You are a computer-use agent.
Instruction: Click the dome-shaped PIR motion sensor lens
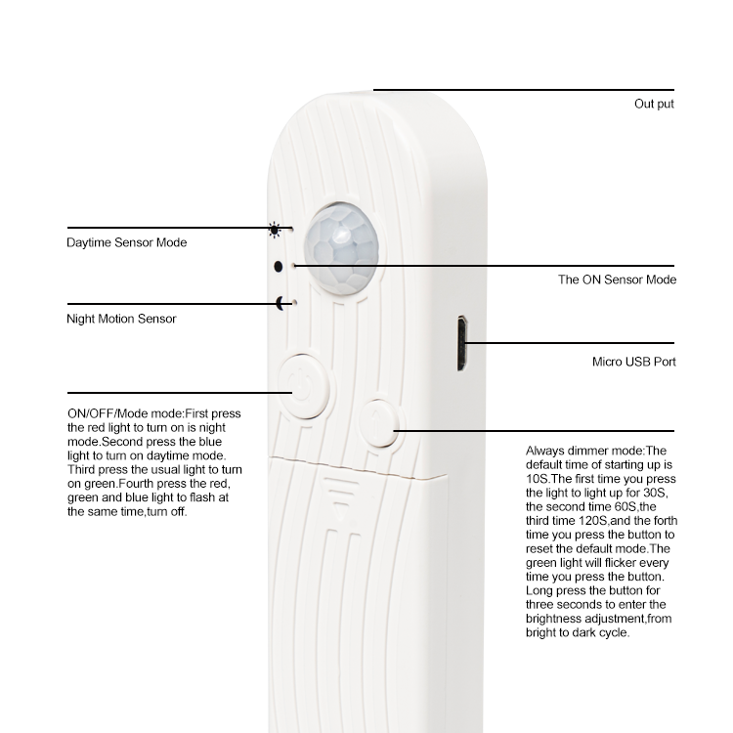coord(341,248)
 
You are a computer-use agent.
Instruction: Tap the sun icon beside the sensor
coord(275,230)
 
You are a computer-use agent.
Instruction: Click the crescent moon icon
coord(280,303)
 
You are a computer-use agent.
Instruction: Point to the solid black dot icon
coord(279,267)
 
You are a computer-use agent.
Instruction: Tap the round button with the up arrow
coord(379,422)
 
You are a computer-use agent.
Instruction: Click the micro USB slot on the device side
coord(462,344)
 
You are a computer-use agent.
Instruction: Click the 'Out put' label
coord(654,104)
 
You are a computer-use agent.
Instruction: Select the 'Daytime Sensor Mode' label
coord(127,242)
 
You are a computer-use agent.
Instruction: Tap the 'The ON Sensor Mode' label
coord(617,280)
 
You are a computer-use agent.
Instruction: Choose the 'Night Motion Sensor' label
coord(121,319)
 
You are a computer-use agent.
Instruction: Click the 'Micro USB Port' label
coord(634,362)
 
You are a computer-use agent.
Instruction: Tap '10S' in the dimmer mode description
coord(537,479)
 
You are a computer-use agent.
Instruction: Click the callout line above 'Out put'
coord(524,90)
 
